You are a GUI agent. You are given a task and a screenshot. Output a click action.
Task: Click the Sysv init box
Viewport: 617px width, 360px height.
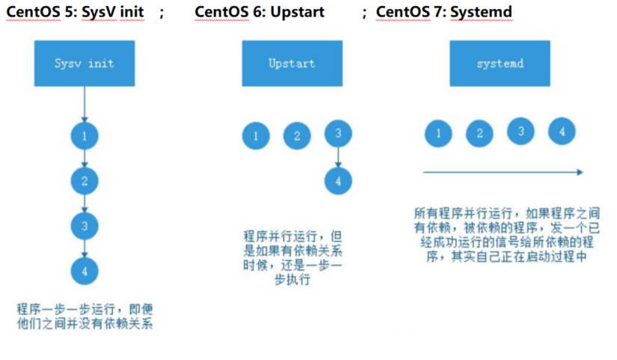(x=84, y=64)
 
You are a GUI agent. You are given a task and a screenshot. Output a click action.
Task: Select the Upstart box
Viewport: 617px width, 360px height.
(x=291, y=64)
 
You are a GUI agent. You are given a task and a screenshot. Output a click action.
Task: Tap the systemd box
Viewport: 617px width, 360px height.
(x=499, y=64)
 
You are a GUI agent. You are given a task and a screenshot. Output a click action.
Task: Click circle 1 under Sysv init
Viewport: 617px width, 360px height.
(x=85, y=136)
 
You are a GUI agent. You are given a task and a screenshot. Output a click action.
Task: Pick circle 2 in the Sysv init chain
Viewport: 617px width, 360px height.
(x=85, y=180)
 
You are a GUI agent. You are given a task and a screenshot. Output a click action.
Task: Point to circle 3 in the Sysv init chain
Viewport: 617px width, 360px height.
(x=85, y=226)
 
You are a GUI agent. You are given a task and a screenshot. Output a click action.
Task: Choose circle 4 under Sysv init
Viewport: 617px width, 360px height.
(x=85, y=271)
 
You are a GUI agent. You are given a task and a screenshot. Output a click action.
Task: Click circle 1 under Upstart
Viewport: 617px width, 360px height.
(x=257, y=136)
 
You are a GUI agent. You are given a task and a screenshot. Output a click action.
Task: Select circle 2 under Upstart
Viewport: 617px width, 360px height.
(x=297, y=136)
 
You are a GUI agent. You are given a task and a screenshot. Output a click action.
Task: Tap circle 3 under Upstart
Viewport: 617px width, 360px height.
(x=338, y=134)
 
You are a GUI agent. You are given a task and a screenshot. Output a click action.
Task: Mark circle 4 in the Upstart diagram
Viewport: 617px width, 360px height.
(x=338, y=181)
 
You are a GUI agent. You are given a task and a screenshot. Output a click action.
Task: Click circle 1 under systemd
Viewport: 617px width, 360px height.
(x=438, y=134)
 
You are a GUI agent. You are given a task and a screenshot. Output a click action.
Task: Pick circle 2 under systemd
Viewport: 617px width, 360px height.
(x=479, y=134)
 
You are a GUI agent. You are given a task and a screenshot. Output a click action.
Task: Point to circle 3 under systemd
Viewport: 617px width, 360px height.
(x=521, y=132)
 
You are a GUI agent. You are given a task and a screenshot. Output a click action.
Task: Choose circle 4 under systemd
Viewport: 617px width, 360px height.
(x=562, y=132)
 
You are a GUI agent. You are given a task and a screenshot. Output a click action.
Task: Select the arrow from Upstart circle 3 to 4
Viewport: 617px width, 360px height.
(x=338, y=157)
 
